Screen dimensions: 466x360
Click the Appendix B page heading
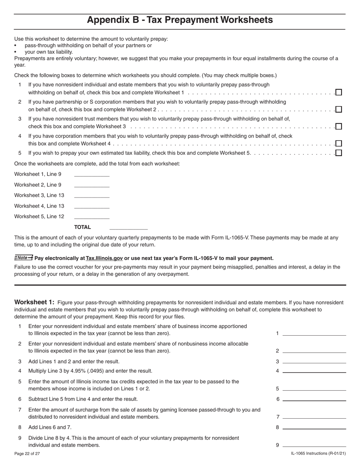point(180,20)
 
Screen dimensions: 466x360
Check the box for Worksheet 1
point(339,92)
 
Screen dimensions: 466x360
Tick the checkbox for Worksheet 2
point(339,109)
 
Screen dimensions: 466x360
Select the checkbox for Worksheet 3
point(339,127)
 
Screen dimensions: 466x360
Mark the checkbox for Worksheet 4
point(339,144)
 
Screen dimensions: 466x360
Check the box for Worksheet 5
point(339,153)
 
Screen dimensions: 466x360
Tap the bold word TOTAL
point(82,227)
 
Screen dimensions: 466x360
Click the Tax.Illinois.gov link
point(104,258)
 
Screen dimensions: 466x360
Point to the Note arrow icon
point(23,258)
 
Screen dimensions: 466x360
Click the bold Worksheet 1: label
point(34,302)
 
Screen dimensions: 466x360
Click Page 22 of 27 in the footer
point(27,453)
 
